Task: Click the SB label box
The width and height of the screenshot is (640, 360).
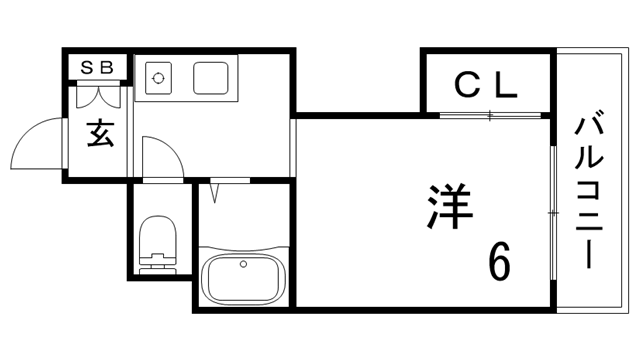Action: click(x=98, y=67)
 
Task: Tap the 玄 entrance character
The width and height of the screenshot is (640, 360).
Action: click(x=98, y=134)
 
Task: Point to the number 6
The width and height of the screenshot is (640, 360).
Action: click(x=499, y=262)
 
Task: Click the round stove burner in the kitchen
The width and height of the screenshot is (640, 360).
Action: click(x=157, y=74)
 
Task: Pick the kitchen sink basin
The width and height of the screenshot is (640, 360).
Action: click(x=215, y=76)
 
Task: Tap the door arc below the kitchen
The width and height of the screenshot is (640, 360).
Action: click(x=160, y=160)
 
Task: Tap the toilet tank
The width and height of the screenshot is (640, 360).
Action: click(x=156, y=265)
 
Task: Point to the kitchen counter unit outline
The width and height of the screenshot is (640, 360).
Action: click(x=186, y=77)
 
